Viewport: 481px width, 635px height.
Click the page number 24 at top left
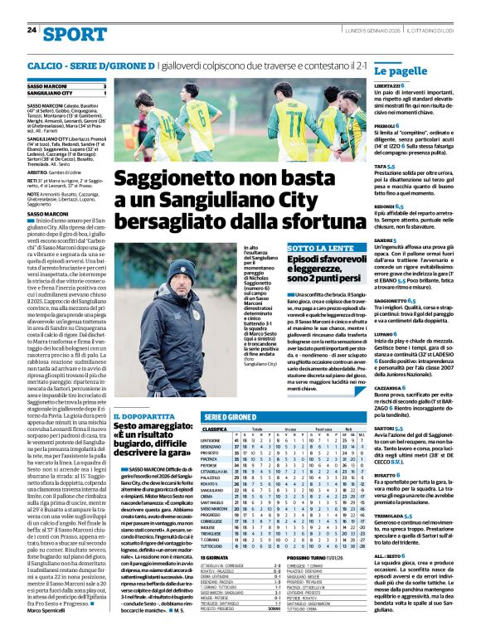point(32,30)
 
